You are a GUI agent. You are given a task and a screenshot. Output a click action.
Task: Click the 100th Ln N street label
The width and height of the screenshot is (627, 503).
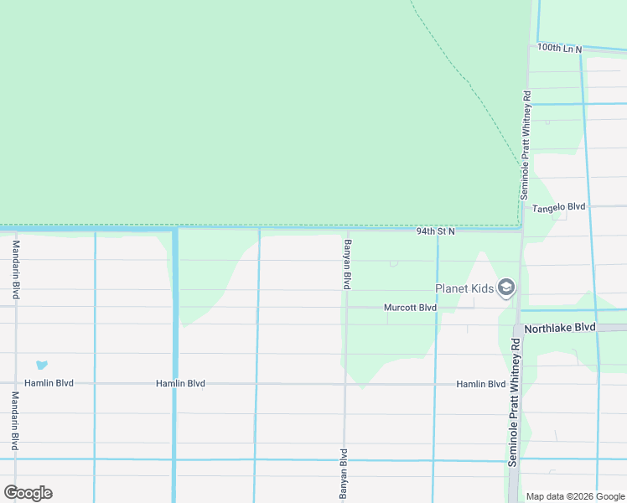560,49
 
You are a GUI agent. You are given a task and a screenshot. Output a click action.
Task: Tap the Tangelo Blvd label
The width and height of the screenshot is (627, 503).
559,207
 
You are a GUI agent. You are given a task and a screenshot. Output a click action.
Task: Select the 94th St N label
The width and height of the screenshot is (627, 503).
435,231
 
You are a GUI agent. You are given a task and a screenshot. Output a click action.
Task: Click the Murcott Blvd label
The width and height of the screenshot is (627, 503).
410,308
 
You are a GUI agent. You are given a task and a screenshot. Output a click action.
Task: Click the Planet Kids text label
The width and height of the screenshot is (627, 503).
464,289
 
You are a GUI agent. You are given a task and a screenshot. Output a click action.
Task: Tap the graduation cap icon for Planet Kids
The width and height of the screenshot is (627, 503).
505,288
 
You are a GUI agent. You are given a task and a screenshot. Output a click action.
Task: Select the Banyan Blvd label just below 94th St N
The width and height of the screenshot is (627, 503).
346,264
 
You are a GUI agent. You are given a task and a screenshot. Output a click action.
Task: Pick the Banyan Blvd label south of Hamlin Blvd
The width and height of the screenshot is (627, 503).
344,474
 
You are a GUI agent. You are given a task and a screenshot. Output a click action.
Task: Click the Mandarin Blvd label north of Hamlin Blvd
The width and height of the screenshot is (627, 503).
15,270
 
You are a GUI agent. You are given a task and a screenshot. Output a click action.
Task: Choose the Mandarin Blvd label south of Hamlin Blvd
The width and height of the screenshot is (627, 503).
15,422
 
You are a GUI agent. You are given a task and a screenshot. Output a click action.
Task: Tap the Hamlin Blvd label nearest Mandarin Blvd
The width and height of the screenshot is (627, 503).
49,383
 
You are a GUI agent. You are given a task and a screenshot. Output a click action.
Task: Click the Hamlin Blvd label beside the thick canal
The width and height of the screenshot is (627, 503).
180,383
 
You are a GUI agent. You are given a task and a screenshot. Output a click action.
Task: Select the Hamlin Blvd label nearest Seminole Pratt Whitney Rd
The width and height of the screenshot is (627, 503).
480,384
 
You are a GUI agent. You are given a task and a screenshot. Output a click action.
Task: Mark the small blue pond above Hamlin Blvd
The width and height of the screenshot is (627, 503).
41,365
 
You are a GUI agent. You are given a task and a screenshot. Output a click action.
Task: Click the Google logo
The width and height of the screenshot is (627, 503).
28,493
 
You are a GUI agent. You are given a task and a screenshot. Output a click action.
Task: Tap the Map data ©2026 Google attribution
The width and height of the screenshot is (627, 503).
575,496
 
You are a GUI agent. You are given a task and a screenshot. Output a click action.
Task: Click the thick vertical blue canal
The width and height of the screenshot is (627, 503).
174,369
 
